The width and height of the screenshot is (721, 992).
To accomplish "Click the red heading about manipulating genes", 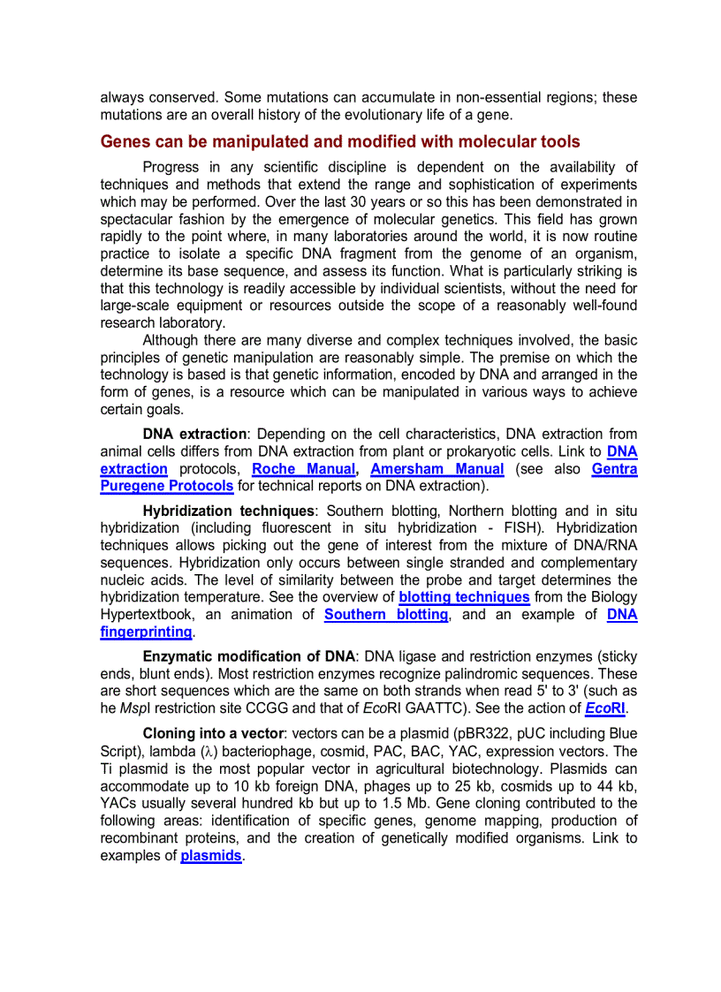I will [x=340, y=142].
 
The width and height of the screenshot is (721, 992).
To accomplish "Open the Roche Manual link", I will [x=303, y=469].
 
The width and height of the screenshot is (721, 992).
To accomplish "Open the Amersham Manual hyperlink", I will [x=436, y=469].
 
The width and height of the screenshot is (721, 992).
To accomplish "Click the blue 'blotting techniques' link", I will [x=464, y=597].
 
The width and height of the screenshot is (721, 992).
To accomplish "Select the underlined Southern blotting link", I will [x=386, y=615].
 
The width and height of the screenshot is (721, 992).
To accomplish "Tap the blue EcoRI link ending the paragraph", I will [x=605, y=708].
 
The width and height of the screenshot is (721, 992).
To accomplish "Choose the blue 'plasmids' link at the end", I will [x=210, y=856].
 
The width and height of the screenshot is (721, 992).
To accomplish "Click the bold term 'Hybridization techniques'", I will [x=228, y=511].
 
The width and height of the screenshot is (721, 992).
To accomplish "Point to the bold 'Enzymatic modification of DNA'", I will [x=248, y=657].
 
